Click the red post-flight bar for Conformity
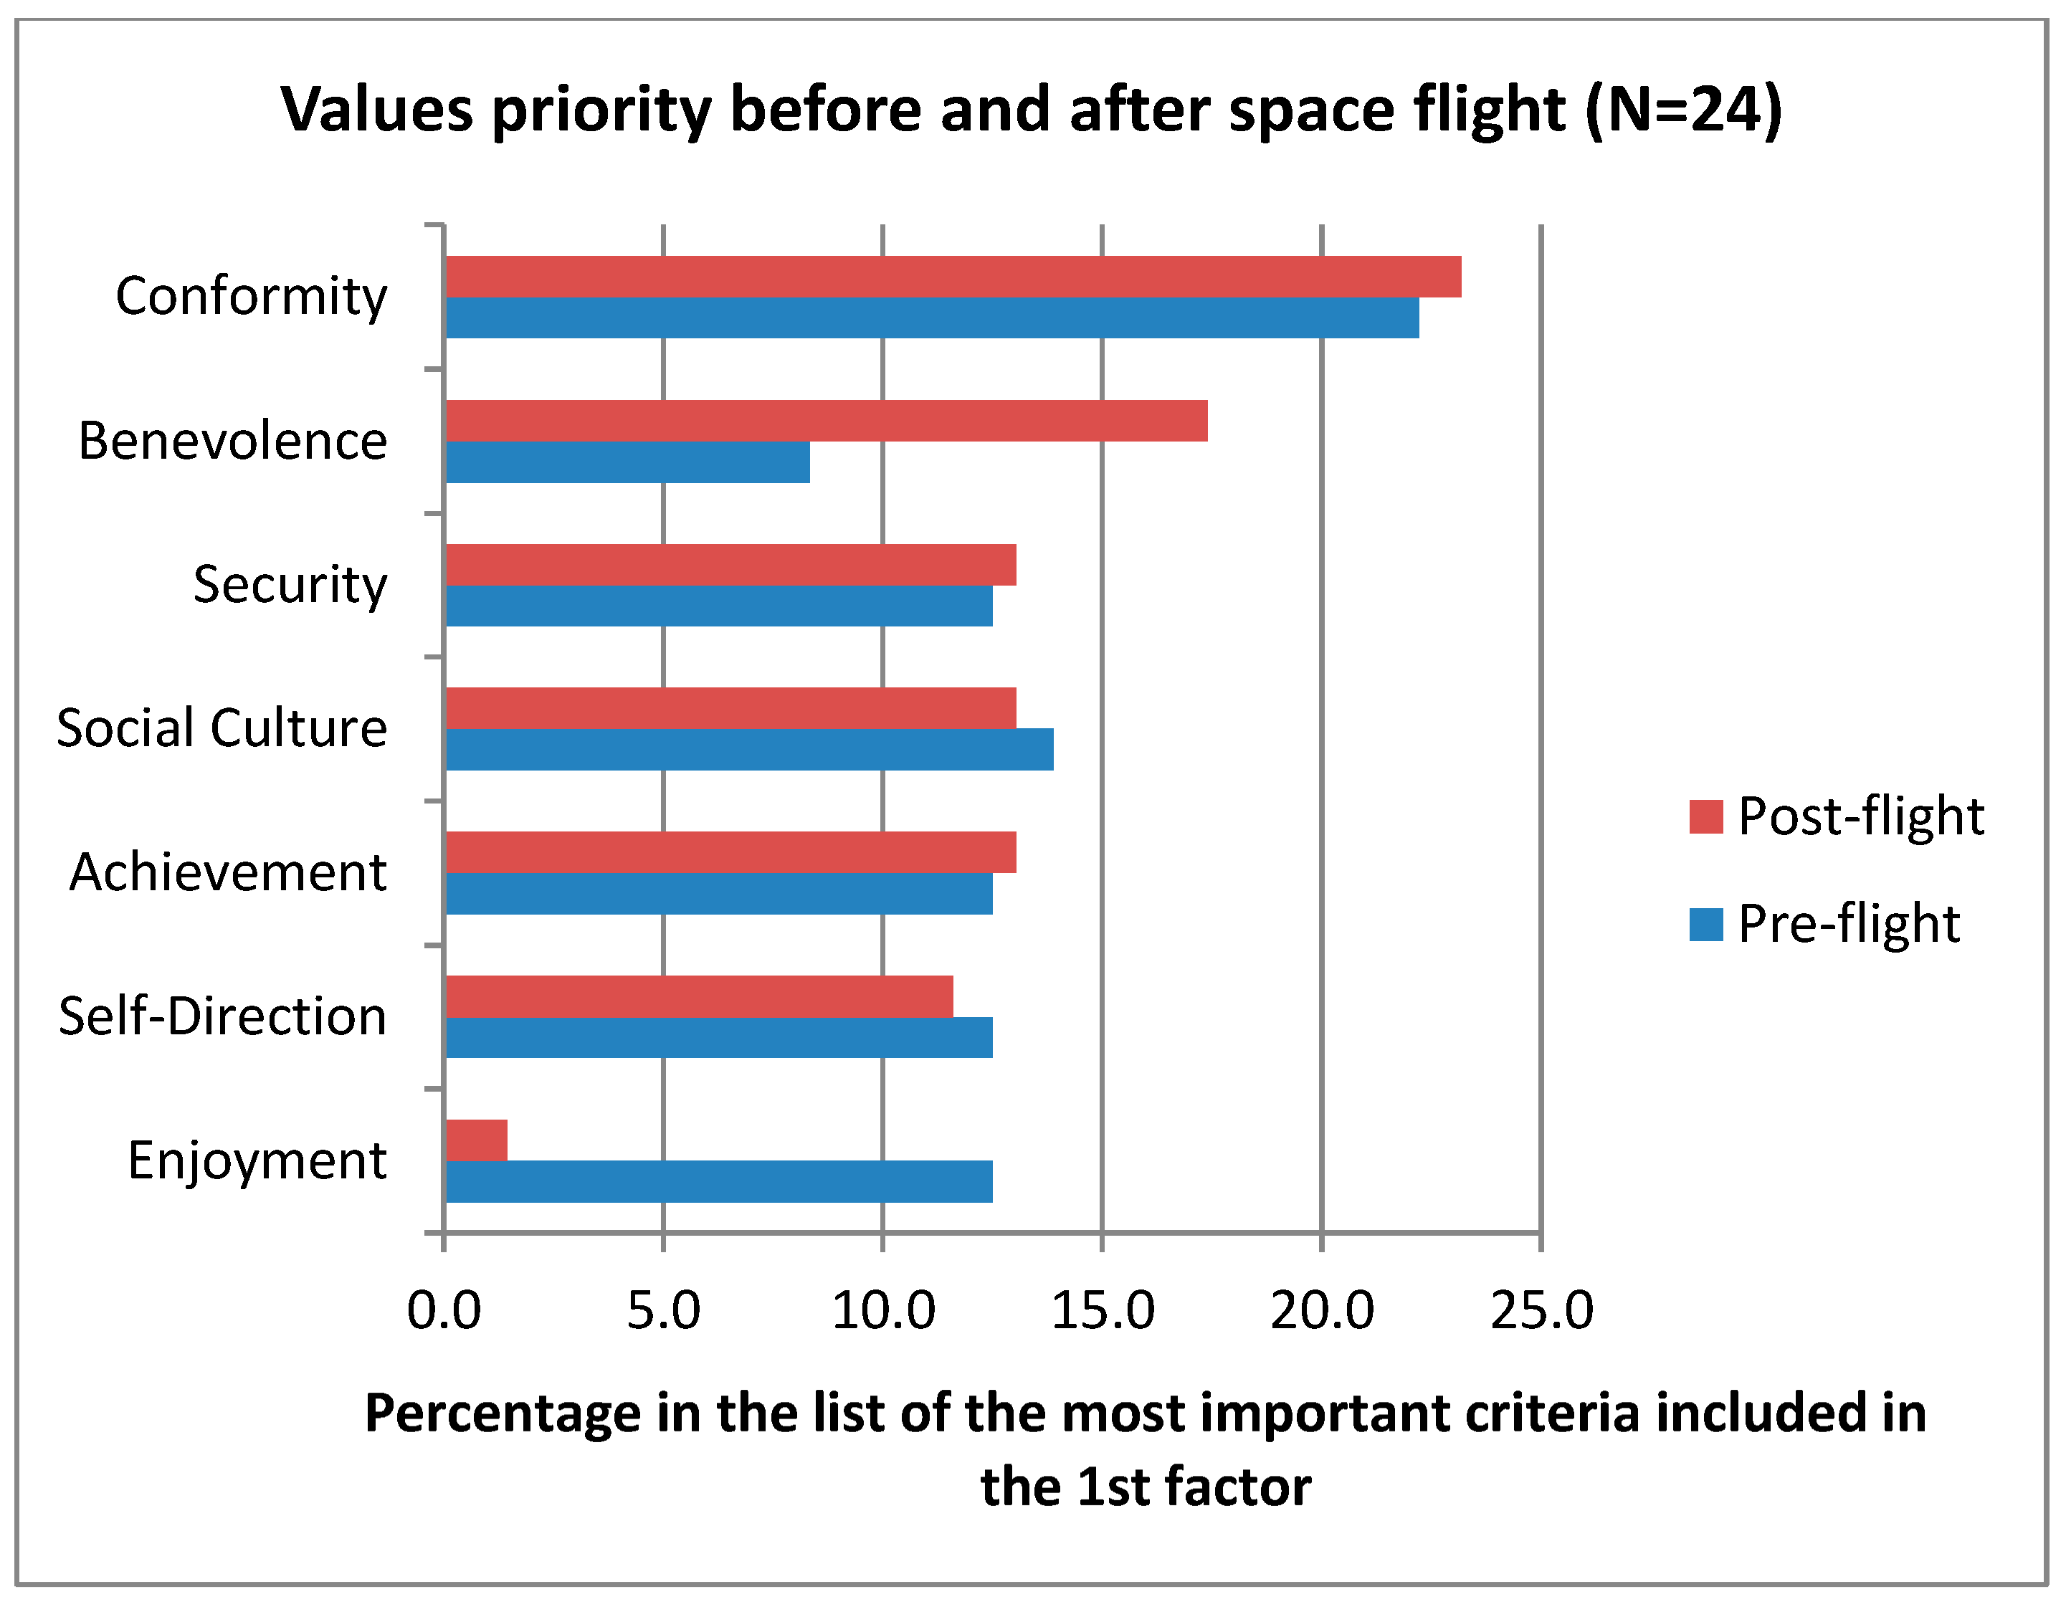953,276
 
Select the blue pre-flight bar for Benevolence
627,462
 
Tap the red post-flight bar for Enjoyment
476,1140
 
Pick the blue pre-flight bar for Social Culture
748,749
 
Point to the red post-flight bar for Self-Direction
698,996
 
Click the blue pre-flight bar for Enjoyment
718,1181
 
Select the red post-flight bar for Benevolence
826,421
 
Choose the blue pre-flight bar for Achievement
718,894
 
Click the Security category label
290,584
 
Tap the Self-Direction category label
222,1016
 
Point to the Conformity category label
251,297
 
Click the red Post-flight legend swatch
1705,816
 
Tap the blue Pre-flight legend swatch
1705,924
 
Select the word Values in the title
376,110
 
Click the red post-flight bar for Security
730,565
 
